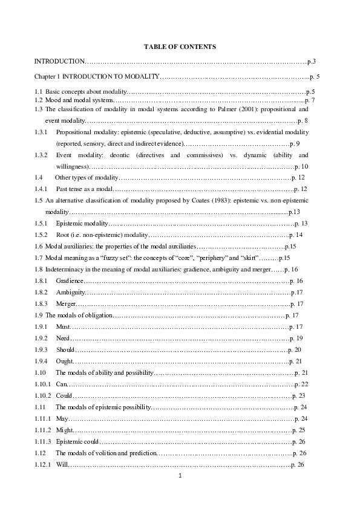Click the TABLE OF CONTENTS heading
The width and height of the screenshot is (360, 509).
tap(180, 47)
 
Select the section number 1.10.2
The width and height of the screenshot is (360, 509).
tap(43, 395)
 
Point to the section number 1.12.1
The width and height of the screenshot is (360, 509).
tap(43, 464)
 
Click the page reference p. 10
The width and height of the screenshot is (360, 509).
tap(301, 166)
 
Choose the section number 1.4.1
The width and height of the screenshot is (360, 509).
tap(42, 189)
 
